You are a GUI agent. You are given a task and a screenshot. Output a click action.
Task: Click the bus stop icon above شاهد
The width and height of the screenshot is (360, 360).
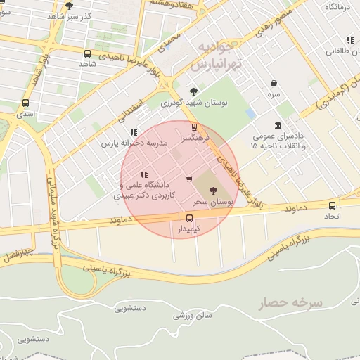(x=87, y=53)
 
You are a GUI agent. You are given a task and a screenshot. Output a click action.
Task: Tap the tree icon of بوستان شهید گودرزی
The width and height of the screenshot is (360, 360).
(x=194, y=91)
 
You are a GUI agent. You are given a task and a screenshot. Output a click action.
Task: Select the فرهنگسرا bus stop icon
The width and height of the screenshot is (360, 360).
(x=194, y=127)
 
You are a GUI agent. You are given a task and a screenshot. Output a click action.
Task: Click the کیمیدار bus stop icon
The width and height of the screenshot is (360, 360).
(x=188, y=218)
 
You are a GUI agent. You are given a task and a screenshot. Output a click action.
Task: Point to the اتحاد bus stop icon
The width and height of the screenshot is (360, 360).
(x=332, y=205)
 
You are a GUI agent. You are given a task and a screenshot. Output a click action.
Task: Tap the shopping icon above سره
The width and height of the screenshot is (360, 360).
(x=274, y=83)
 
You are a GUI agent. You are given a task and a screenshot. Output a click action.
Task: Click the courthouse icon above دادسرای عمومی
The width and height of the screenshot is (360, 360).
(x=278, y=125)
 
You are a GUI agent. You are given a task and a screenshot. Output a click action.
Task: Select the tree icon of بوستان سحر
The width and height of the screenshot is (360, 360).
(x=213, y=190)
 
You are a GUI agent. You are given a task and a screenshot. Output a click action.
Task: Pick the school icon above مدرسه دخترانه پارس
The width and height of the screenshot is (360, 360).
(x=134, y=131)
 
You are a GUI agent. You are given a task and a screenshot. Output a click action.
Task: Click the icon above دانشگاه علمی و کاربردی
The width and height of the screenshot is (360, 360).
(x=144, y=174)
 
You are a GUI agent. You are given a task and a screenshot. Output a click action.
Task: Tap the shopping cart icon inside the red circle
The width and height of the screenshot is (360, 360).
(x=188, y=179)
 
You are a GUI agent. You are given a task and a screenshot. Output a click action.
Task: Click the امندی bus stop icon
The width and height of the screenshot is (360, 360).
(x=26, y=102)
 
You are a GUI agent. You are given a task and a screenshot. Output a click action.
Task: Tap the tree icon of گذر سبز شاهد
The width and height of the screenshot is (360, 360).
(x=68, y=6)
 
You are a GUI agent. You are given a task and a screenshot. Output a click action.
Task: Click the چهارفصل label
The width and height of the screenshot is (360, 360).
(x=17, y=252)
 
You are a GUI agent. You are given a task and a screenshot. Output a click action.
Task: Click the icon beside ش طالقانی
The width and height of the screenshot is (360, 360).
(x=349, y=41)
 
